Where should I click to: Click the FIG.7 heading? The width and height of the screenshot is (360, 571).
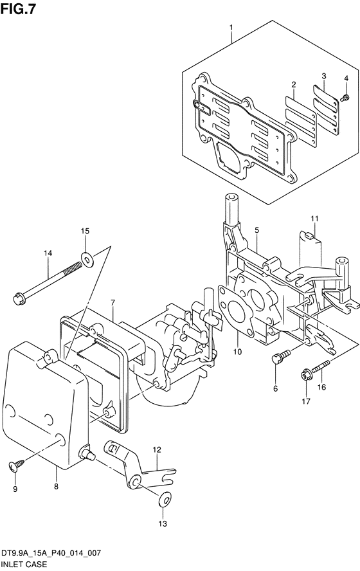(x=18, y=9)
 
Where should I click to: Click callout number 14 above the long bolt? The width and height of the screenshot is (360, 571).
(x=48, y=253)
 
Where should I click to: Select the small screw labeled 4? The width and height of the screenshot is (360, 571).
(x=345, y=97)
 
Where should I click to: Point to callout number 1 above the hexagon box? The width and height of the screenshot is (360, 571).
(x=231, y=27)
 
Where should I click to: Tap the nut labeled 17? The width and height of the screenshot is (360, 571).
(x=306, y=374)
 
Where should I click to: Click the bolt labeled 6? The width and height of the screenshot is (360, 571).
(x=282, y=356)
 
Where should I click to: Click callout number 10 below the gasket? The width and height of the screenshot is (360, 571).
(x=237, y=352)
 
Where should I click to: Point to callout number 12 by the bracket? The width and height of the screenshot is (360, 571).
(x=156, y=449)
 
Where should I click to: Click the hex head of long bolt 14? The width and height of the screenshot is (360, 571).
(x=19, y=298)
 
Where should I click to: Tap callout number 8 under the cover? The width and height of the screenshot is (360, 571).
(x=56, y=486)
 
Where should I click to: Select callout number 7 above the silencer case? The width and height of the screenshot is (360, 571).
(x=113, y=302)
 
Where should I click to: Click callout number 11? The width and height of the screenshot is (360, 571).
(x=314, y=219)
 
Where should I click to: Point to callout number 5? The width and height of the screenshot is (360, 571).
(x=256, y=230)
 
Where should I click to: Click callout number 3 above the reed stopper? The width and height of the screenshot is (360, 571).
(x=323, y=76)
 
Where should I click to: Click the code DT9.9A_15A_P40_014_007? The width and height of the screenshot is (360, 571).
(x=51, y=554)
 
